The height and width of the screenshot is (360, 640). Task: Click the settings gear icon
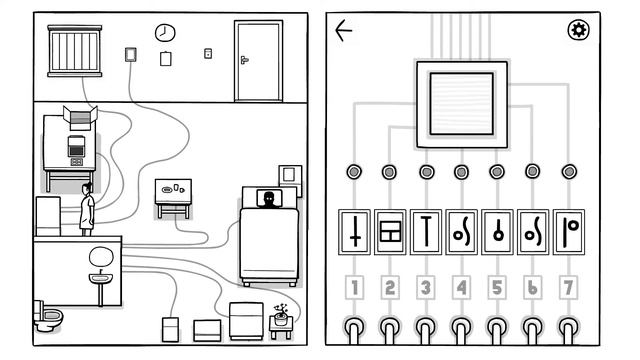pos(578,30)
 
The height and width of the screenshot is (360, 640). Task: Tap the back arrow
pos(343,30)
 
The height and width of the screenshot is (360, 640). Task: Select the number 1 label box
pos(354,287)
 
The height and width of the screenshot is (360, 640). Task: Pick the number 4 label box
pos(462,287)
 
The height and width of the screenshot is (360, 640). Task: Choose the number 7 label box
pos(569,287)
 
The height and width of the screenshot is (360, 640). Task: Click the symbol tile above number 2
pos(390,232)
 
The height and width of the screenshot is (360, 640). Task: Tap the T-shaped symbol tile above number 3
pos(426,232)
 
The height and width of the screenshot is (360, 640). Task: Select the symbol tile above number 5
pos(497,232)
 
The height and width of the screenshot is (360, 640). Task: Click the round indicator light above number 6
pos(533,171)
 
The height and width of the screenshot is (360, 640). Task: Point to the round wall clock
pos(165,33)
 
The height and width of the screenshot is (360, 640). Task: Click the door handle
pos(244,60)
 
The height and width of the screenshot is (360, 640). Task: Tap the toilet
pos(48,317)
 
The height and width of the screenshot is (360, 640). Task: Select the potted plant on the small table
pos(281,313)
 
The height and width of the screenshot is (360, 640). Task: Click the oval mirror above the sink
pos(101,257)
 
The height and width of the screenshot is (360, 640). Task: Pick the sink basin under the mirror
pos(100,278)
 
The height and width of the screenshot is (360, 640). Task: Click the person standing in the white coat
pos(87,209)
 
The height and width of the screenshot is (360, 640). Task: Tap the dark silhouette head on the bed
pos(269,199)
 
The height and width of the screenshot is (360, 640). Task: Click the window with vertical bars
pos(75,51)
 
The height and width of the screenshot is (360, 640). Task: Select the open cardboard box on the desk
pos(80,118)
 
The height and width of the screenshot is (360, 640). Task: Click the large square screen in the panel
pos(462,104)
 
